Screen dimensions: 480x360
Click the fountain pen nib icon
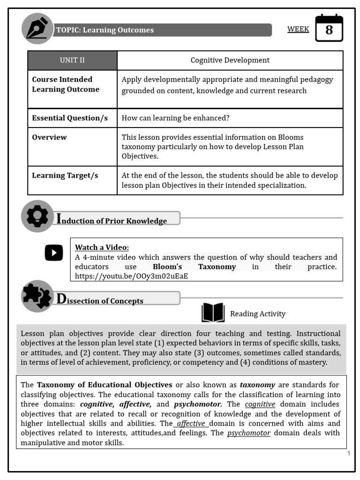pyautogui.click(x=37, y=29)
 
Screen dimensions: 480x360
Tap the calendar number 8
pyautogui.click(x=329, y=30)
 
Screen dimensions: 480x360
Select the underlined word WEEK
pyautogui.click(x=298, y=30)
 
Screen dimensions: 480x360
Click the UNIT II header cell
pyautogui.click(x=72, y=60)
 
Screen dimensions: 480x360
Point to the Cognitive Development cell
pyautogui.click(x=230, y=60)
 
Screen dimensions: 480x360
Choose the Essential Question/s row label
pyautogui.click(x=70, y=118)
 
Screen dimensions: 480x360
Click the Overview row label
pyautogui.click(x=49, y=137)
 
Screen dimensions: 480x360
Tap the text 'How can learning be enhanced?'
pyautogui.click(x=176, y=118)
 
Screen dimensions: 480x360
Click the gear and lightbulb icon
pyautogui.click(x=37, y=216)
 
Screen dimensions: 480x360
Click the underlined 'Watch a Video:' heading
pyautogui.click(x=102, y=247)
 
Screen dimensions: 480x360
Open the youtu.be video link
pyautogui.click(x=132, y=276)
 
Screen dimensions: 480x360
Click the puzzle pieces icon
pyautogui.click(x=37, y=296)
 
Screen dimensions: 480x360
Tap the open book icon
pyautogui.click(x=213, y=313)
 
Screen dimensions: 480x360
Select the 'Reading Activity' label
pyautogui.click(x=257, y=314)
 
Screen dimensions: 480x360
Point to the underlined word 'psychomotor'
pyautogui.click(x=249, y=433)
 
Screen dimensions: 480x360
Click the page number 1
pyautogui.click(x=349, y=453)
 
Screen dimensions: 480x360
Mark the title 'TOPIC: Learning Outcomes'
pyautogui.click(x=105, y=30)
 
